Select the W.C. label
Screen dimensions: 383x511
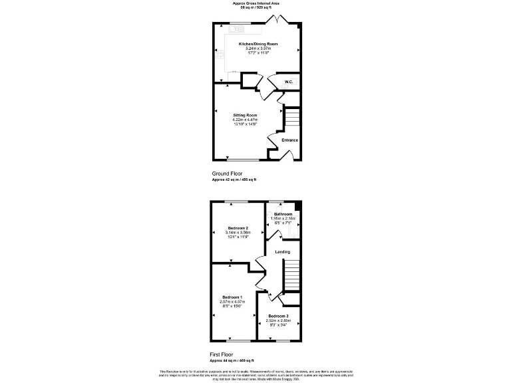pyautogui.click(x=289, y=82)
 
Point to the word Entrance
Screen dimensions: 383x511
pyautogui.click(x=289, y=140)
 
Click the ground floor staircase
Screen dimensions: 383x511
pyautogui.click(x=291, y=118)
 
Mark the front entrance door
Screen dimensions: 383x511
pyautogui.click(x=285, y=156)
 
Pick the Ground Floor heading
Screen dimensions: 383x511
pyautogui.click(x=227, y=174)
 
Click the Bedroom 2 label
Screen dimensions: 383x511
pyautogui.click(x=238, y=227)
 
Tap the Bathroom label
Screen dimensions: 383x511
pyautogui.click(x=283, y=214)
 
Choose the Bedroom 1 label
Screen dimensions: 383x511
pyautogui.click(x=232, y=296)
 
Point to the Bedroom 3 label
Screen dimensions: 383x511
pyautogui.click(x=278, y=315)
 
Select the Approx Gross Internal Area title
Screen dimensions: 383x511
pyautogui.click(x=255, y=3)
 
